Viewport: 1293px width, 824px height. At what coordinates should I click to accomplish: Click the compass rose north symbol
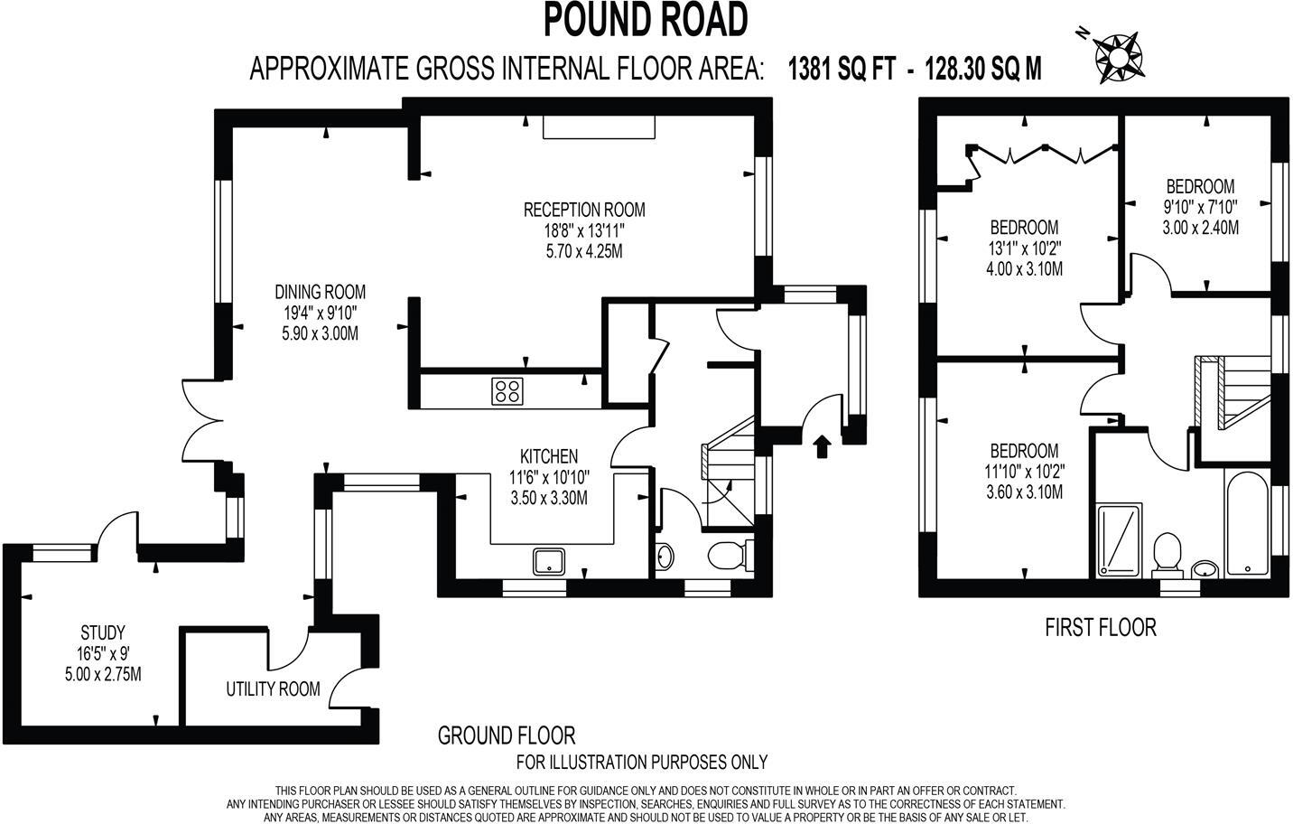click(1117, 53)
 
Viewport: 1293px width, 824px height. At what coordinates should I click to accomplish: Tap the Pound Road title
click(646, 20)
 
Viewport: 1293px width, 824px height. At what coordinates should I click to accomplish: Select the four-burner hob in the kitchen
click(507, 390)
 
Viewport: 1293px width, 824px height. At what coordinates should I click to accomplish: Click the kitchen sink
click(549, 562)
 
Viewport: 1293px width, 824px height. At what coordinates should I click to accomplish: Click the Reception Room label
click(584, 210)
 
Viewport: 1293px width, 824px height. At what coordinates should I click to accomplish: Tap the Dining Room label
click(321, 292)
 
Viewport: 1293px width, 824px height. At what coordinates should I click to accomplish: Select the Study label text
click(102, 632)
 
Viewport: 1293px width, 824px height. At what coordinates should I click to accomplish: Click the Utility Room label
click(273, 689)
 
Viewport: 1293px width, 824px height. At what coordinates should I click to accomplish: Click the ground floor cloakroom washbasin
click(665, 557)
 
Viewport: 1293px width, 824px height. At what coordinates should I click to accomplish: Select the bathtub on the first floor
click(1247, 523)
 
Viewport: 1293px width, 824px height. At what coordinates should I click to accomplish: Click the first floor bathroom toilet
click(1167, 552)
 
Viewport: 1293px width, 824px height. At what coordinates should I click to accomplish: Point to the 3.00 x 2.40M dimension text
click(1200, 229)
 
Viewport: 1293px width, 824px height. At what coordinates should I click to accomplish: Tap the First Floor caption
click(1100, 627)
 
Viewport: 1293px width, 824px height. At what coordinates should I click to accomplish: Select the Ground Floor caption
click(506, 735)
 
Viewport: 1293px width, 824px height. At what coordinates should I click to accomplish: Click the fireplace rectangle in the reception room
click(599, 127)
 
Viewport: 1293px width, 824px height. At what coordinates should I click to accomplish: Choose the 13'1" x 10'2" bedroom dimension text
click(1024, 248)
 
